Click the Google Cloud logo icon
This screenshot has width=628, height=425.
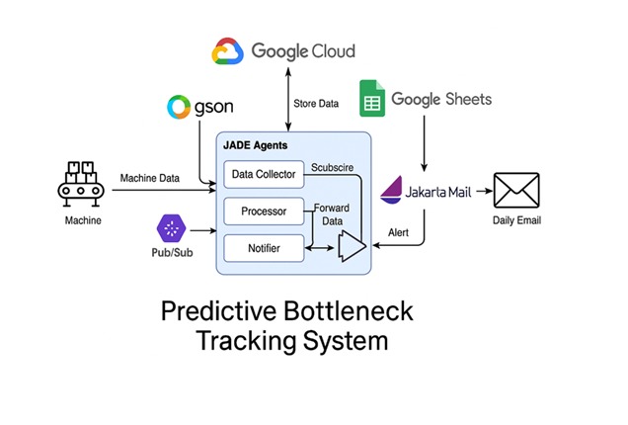tap(228, 50)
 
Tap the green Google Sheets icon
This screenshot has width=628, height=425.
tap(372, 99)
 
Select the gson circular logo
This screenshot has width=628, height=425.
tap(179, 107)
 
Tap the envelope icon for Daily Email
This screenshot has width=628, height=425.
tap(515, 191)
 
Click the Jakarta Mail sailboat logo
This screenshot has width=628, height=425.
tap(392, 189)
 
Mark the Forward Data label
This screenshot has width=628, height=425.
tap(331, 214)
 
